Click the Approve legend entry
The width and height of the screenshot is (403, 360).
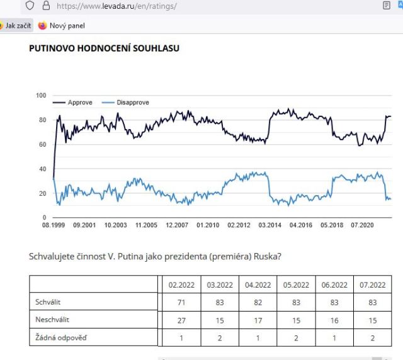80,103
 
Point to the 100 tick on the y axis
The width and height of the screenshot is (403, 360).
41,96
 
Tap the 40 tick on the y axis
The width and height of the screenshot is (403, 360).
43,169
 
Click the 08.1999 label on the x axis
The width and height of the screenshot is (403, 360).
55,225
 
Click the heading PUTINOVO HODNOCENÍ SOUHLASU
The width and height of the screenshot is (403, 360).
104,48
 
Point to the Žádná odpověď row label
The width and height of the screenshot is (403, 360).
61,337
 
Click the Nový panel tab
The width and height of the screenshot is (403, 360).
67,26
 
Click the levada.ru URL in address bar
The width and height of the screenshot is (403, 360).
116,6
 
